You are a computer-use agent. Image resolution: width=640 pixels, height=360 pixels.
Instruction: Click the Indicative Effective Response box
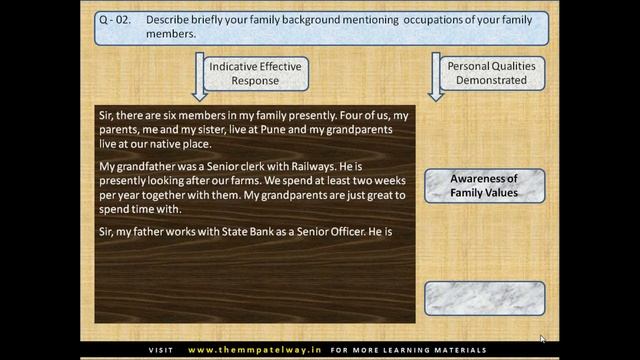pos(255,73)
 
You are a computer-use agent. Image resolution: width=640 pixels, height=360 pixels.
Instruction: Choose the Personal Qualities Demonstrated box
pos(490,73)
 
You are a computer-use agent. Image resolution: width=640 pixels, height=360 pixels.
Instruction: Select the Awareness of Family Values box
pos(484,185)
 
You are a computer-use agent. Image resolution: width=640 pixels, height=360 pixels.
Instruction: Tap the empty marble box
pos(484,298)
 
